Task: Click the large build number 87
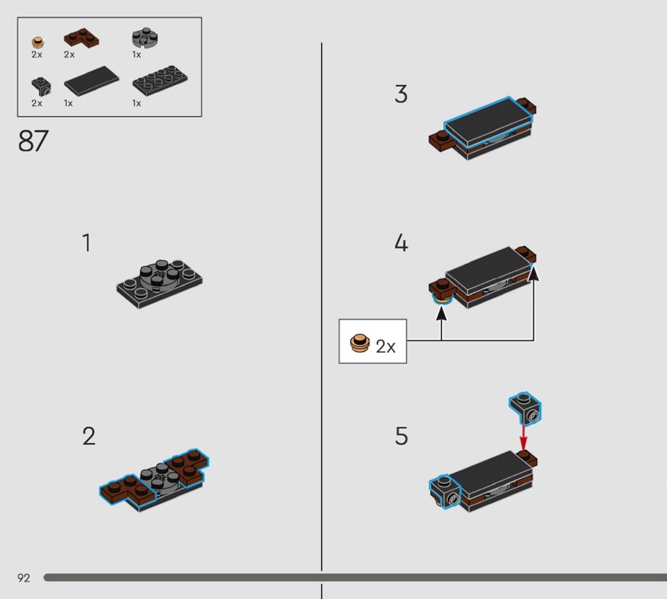pos(33,141)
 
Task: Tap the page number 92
pos(24,577)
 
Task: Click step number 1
pos(87,243)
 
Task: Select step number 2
pos(89,436)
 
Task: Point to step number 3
pos(401,94)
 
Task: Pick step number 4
pos(401,243)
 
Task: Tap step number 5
pos(402,436)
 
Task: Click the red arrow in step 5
pos(524,437)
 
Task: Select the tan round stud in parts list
pos(38,43)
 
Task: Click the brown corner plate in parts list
pos(81,38)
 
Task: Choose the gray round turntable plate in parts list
pos(145,38)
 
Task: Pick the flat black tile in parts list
pos(92,81)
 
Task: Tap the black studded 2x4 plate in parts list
pos(160,80)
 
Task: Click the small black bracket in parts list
pos(41,87)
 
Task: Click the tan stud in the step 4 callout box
pos(359,343)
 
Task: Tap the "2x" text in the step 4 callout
pos(385,346)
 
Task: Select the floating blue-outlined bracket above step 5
pos(525,408)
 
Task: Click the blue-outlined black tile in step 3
pos(489,119)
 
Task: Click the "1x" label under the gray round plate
pos(137,54)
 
